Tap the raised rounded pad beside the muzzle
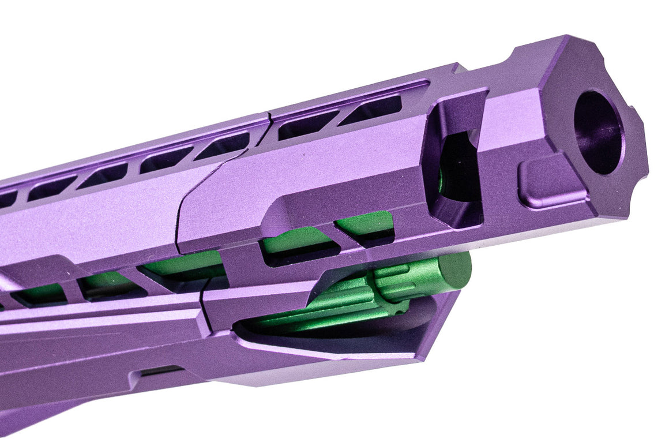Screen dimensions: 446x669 click(551, 183)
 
